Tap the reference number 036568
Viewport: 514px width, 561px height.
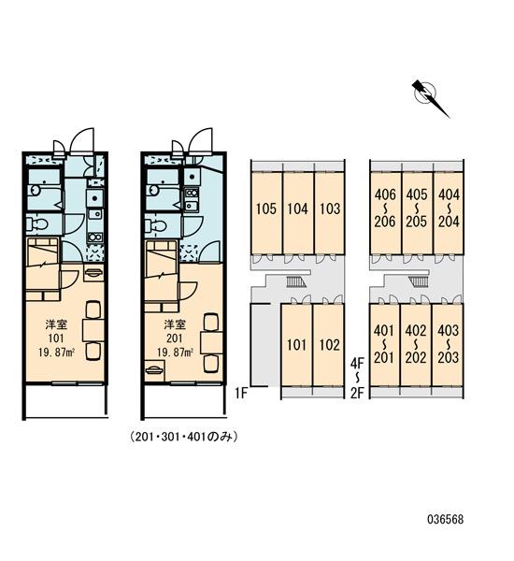[x=446, y=519]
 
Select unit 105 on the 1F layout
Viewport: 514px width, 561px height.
[x=266, y=213]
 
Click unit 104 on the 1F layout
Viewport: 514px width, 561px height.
[x=298, y=213]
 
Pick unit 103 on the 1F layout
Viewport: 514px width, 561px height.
[x=330, y=213]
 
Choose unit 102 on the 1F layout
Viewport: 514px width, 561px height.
[x=329, y=345]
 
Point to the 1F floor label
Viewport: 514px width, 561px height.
[x=241, y=394]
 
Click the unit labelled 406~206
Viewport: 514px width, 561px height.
[x=386, y=213]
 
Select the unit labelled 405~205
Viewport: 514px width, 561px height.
[x=417, y=213]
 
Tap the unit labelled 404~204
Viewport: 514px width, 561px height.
[x=449, y=213]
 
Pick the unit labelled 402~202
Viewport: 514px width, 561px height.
[x=416, y=345]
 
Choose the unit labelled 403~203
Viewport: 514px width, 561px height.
[x=448, y=345]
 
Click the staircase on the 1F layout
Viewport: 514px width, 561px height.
[x=296, y=281]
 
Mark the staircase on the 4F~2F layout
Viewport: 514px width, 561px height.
[x=418, y=281]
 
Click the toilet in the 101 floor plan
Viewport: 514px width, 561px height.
[x=36, y=224]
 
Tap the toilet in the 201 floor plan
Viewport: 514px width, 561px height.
[x=156, y=225]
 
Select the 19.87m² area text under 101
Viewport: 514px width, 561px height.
[x=56, y=352]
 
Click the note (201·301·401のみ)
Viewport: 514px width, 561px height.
[x=183, y=437]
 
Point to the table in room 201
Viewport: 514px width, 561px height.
[x=212, y=343]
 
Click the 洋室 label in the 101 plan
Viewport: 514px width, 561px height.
[x=56, y=324]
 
